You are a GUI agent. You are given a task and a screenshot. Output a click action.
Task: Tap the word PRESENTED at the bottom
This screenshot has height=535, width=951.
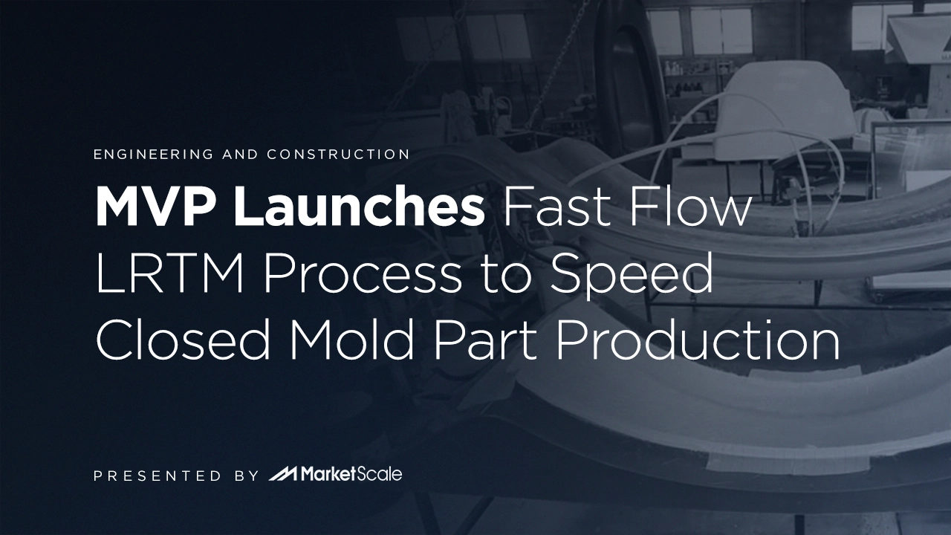pyautogui.click(x=158, y=475)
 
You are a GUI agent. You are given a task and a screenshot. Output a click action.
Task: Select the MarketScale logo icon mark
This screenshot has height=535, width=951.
pyautogui.click(x=283, y=473)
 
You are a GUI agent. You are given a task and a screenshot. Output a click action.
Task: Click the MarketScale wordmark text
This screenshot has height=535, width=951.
pyautogui.click(x=351, y=473)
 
